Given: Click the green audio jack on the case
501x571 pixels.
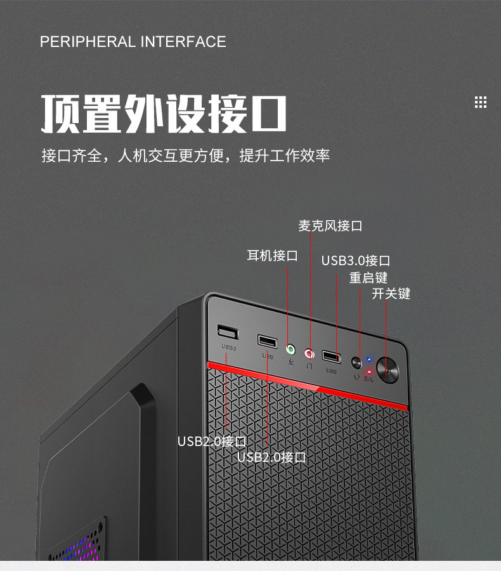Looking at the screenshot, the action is click(290, 349).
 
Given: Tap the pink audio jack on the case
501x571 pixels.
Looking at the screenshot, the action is click(309, 353).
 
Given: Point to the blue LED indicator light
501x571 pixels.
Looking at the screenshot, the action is click(369, 360).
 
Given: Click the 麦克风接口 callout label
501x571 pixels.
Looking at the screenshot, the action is click(330, 226).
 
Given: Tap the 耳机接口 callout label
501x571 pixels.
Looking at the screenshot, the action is click(272, 256).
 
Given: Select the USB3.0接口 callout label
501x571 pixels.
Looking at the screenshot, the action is click(355, 261).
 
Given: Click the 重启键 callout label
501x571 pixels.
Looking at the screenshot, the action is click(368, 278).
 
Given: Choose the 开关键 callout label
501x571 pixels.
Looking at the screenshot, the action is click(391, 294).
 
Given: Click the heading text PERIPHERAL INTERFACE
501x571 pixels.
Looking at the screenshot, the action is click(133, 42).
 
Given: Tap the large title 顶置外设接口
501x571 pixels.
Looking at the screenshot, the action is click(164, 114).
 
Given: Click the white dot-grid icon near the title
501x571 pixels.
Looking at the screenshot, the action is click(481, 102).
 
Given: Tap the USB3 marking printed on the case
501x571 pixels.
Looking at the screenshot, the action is click(228, 348).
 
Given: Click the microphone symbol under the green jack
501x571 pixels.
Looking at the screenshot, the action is click(291, 362).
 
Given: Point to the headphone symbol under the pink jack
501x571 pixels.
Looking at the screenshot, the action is click(309, 366).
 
